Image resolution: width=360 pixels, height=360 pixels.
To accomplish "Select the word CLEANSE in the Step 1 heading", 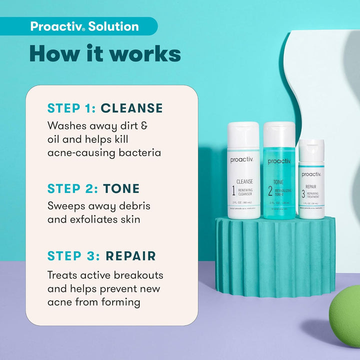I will [131, 108].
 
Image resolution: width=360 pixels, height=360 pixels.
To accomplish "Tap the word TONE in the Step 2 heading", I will [121, 188].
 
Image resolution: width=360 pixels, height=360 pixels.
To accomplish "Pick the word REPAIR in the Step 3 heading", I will [130, 256].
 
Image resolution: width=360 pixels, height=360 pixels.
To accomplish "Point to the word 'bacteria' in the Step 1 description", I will [138, 152].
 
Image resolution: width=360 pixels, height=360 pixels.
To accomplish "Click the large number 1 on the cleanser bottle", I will [233, 190].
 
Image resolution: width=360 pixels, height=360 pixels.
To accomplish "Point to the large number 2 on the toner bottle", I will [269, 190].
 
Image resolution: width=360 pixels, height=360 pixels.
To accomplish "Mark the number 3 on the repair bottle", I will [303, 193].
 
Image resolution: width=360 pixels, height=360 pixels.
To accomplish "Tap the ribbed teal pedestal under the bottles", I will [274, 255].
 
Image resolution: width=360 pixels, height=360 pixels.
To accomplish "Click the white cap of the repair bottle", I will [311, 148].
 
